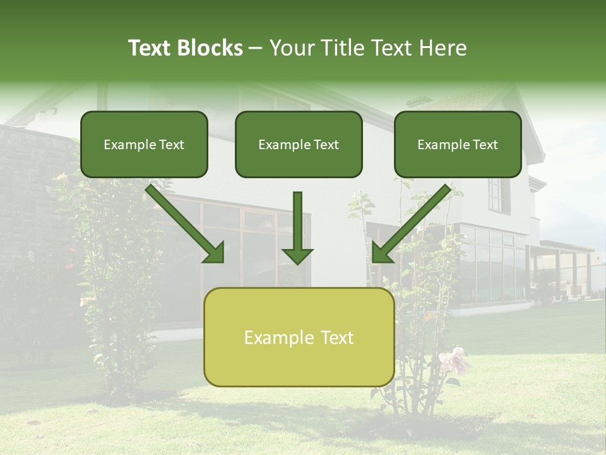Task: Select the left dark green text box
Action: coord(144,145)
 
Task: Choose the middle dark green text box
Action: coord(299,145)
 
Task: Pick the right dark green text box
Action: coord(458,145)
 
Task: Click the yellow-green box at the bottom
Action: coord(299,337)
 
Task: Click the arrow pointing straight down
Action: coord(297,227)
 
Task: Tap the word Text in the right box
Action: coord(485,145)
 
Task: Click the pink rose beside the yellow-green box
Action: coord(454,360)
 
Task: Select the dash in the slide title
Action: coord(256,49)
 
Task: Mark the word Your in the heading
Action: coord(293,48)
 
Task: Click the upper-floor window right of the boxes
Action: coord(499,195)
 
